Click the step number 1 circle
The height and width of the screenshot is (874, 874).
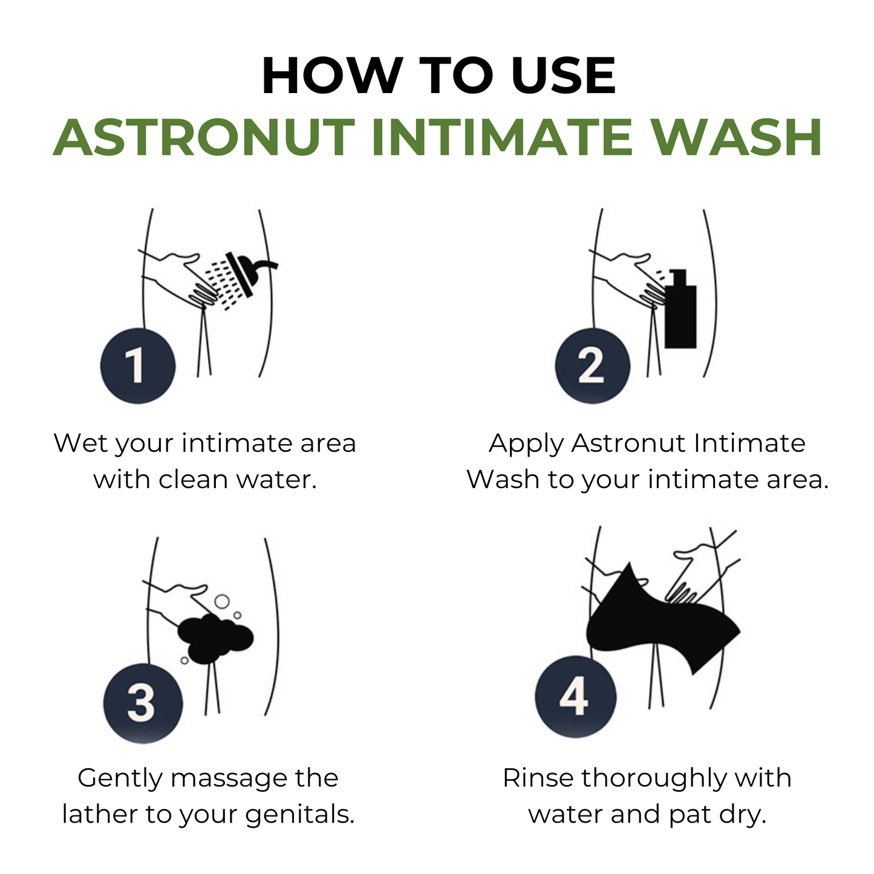(137, 366)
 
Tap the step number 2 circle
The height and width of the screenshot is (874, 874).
(592, 366)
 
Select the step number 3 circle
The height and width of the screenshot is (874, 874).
(143, 703)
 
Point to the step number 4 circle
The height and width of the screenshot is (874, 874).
(575, 696)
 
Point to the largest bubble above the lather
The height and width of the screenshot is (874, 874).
(222, 601)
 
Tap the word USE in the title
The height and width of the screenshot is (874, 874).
(563, 77)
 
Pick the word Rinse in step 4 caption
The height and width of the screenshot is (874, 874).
(537, 778)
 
